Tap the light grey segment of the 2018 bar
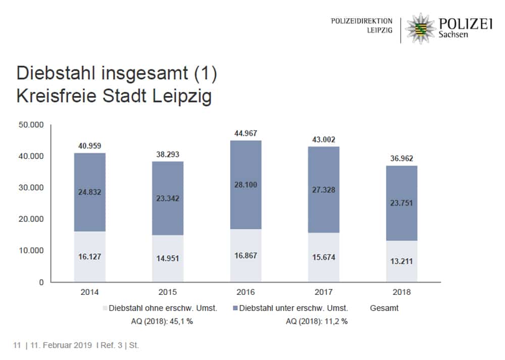coord(402,261)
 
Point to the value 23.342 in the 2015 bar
coord(168,198)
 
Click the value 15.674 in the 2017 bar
coord(324,257)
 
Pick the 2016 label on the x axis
coord(246,292)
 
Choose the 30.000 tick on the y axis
coord(32,187)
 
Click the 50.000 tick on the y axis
coord(32,124)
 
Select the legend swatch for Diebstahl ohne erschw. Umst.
coord(105,308)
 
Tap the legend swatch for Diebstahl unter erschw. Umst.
coord(236,308)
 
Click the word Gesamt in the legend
coord(384,308)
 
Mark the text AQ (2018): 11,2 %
coord(317,321)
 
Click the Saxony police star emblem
coord(419,28)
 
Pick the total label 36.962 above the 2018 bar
coord(402,159)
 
